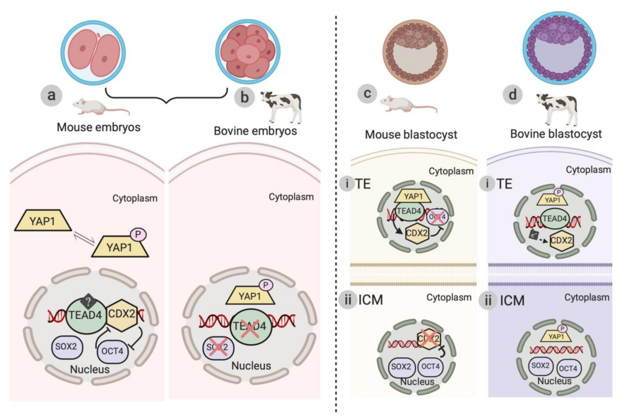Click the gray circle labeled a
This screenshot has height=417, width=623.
point(52,96)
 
